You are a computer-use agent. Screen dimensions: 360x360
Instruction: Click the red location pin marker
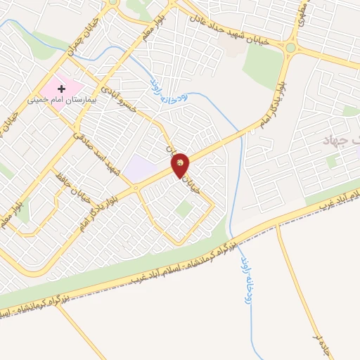pyautogui.click(x=181, y=165)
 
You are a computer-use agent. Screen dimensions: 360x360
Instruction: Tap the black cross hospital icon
pyautogui.click(x=61, y=89)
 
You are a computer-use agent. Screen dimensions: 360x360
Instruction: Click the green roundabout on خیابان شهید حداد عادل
pyautogui.click(x=290, y=48)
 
